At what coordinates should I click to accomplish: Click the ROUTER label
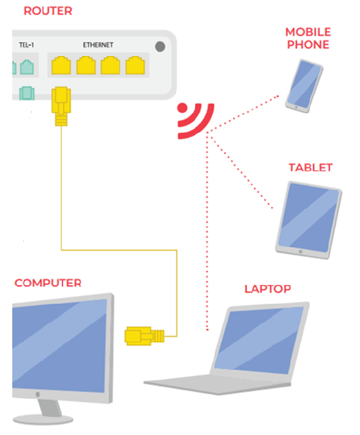[x=48, y=11]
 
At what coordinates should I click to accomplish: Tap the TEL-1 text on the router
[x=26, y=44]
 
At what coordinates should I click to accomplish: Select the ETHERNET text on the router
[x=98, y=44]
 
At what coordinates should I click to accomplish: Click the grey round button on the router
[x=160, y=46]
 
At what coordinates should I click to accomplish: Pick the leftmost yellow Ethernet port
[x=61, y=66]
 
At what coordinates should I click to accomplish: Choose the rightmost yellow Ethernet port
[x=135, y=66]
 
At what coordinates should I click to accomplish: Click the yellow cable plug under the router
[x=61, y=106]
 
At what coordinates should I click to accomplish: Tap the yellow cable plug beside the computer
[x=144, y=336]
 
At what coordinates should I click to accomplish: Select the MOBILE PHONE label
[x=308, y=38]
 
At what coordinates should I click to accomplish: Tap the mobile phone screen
[x=304, y=84]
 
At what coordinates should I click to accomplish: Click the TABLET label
[x=310, y=167]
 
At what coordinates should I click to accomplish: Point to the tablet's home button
[x=300, y=252]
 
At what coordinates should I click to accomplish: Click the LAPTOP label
[x=267, y=289]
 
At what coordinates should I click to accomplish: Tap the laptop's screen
[x=260, y=340]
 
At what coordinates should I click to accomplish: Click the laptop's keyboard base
[x=217, y=384]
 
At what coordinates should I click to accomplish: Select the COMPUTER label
[x=48, y=283]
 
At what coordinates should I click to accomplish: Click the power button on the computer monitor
[x=37, y=394]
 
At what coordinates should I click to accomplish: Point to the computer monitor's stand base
[x=43, y=420]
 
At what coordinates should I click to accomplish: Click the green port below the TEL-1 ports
[x=26, y=93]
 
